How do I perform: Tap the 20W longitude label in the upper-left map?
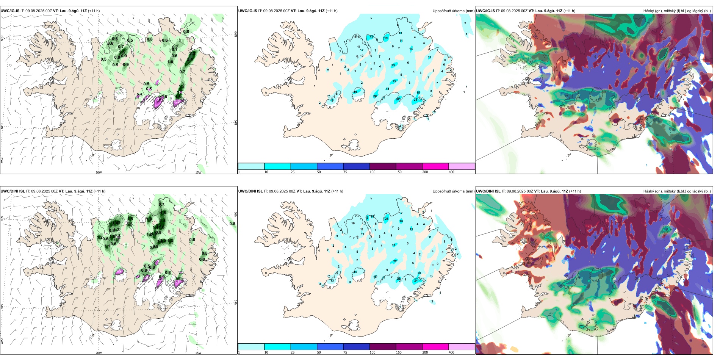click(99, 172)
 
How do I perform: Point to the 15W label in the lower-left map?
click(198, 353)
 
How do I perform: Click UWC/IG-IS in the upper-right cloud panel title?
click(485, 11)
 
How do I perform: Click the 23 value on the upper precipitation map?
click(393, 66)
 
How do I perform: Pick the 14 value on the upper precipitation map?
click(387, 89)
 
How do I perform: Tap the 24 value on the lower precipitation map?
click(416, 281)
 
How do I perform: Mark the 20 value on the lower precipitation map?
click(419, 273)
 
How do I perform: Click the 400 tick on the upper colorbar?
click(451, 172)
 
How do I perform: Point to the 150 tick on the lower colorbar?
click(399, 352)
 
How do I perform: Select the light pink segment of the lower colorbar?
click(462, 347)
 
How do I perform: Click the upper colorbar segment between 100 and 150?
click(383, 166)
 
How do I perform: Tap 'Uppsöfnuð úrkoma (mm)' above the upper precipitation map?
click(453, 11)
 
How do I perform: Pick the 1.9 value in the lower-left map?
click(149, 219)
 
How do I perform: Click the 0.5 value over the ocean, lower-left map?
click(232, 224)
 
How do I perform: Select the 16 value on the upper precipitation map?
click(371, 38)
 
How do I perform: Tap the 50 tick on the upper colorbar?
click(319, 172)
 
